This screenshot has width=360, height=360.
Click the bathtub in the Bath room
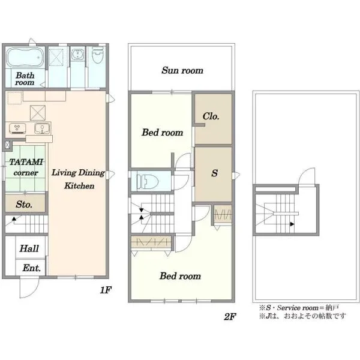(25, 58)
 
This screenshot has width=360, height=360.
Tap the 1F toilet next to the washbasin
(97, 55)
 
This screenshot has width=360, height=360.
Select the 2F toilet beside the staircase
(147, 182)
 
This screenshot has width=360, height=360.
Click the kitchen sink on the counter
(42, 128)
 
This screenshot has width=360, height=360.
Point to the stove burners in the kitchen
(17, 128)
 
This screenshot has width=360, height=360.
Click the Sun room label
(182, 70)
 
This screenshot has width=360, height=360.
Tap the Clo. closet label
(211, 116)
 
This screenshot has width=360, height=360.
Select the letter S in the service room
(214, 173)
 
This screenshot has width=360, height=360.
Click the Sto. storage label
(24, 204)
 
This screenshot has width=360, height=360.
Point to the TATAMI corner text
(26, 167)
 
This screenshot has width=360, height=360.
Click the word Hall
(29, 248)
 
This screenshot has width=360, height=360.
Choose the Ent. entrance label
(31, 268)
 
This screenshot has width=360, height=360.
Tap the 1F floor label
(106, 290)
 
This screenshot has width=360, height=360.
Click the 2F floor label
(230, 317)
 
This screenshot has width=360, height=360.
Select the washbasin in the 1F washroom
(77, 54)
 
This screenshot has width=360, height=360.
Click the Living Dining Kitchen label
(78, 179)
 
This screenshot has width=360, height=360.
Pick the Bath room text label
(25, 79)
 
